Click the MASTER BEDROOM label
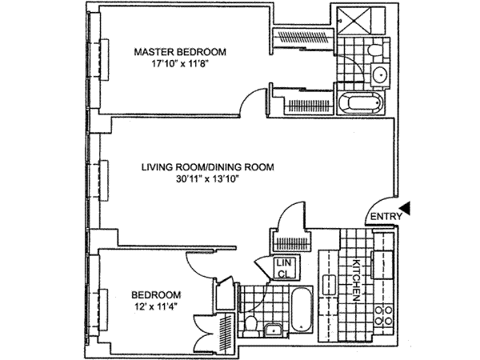[180, 52]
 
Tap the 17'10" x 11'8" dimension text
[180, 64]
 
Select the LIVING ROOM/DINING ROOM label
[207, 167]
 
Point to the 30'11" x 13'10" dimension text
[207, 179]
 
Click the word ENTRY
[386, 217]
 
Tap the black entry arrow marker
[406, 209]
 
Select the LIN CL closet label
[284, 268]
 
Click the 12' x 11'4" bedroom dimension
[156, 307]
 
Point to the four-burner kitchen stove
[384, 316]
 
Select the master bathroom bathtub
[361, 103]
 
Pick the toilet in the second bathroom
[251, 325]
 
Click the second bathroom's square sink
[272, 330]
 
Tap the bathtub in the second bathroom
[302, 310]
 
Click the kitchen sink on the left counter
[329, 285]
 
